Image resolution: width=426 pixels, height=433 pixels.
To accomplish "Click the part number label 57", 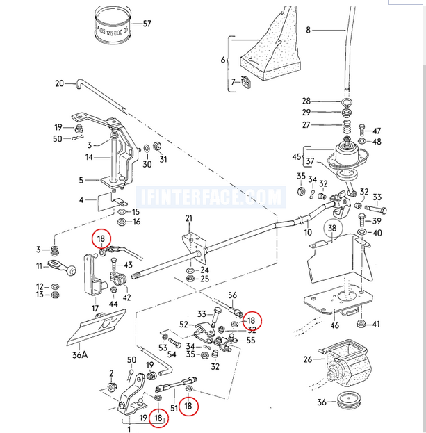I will click(147, 24).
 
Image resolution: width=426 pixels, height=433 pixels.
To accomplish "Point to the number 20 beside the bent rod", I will click(59, 84).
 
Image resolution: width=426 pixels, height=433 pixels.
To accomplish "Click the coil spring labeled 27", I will click(346, 126).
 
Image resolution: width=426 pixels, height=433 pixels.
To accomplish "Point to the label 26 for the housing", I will click(308, 359).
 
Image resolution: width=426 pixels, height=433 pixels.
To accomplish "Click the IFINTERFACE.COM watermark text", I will click(212, 197).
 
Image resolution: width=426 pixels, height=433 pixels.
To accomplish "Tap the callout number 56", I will click(232, 295).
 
